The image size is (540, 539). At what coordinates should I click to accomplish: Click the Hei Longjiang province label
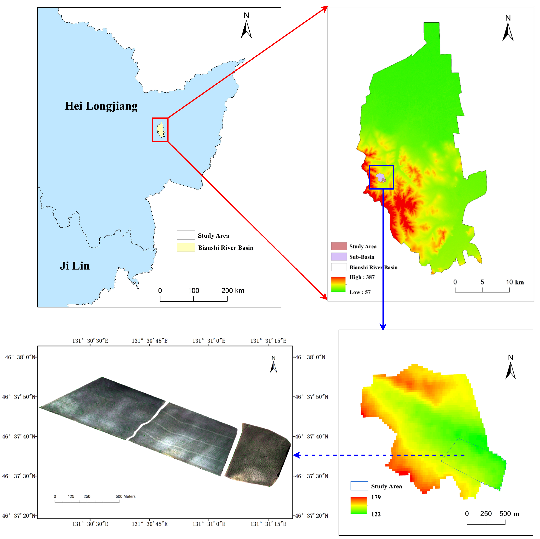[101, 106]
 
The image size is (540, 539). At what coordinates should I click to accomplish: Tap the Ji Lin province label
[75, 266]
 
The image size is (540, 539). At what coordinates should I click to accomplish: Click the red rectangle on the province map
[160, 130]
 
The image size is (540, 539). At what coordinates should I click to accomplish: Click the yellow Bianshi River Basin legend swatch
[186, 247]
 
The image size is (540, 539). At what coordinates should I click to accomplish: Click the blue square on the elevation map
[381, 177]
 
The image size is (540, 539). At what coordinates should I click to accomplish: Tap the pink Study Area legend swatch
[339, 246]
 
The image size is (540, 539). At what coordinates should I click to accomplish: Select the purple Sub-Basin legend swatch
[339, 257]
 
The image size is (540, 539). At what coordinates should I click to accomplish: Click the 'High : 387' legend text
[362, 277]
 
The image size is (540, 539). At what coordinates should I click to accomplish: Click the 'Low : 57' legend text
[360, 292]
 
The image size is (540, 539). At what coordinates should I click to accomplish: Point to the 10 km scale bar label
[514, 282]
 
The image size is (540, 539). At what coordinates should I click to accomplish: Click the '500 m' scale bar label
[509, 513]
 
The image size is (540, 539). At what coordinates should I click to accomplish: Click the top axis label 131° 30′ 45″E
[150, 341]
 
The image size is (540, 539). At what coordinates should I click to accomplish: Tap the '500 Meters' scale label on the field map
[126, 496]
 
